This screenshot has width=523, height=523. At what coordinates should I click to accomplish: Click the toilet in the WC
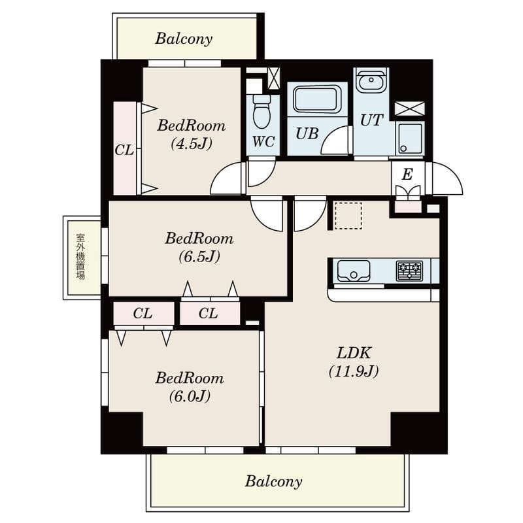(261, 111)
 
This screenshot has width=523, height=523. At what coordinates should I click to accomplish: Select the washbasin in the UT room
(371, 80)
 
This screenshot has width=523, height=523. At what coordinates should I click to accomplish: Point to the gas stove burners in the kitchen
(410, 271)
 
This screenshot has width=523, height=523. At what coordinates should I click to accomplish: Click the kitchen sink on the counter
(354, 271)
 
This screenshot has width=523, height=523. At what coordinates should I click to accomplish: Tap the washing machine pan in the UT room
(410, 138)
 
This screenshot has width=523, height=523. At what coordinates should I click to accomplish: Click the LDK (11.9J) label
(354, 362)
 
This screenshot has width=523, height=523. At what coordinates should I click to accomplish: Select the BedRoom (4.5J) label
(192, 135)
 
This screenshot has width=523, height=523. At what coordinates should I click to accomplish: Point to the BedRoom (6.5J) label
(199, 248)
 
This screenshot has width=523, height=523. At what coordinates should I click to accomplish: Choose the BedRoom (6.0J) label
(190, 387)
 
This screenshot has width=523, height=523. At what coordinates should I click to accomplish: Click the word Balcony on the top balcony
(184, 39)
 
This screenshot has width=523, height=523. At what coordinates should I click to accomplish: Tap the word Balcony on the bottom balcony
(273, 481)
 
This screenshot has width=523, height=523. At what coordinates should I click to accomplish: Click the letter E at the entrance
(407, 175)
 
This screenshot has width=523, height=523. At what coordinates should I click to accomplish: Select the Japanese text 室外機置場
(80, 256)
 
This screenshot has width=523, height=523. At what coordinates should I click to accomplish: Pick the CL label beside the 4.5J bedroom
(124, 150)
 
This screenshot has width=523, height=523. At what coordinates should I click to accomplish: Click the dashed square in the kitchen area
(348, 216)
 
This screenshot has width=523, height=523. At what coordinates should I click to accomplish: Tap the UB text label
(307, 134)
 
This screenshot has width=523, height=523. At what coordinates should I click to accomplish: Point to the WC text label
(263, 142)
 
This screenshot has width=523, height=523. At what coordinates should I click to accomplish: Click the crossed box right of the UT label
(410, 109)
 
